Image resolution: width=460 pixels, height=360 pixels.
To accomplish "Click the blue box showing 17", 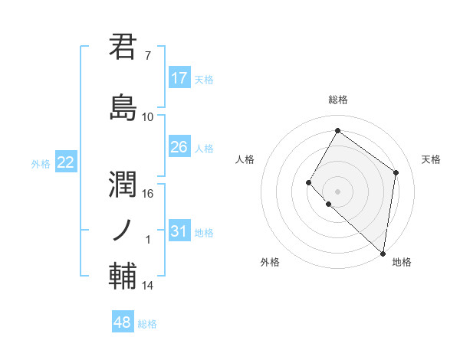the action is coord(179,78).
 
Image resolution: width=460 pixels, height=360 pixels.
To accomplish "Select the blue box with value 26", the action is coord(179,147).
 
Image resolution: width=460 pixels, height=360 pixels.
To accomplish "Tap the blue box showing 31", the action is coord(179,231).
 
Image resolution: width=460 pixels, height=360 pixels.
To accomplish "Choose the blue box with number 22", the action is coord(66,162).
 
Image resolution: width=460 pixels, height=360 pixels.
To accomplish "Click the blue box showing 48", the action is coord(123,322).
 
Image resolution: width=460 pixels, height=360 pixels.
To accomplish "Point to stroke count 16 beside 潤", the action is coord(148,193).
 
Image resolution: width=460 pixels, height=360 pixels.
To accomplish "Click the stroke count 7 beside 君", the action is coord(147,56).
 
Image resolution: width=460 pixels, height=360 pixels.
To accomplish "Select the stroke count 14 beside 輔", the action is coord(148,286).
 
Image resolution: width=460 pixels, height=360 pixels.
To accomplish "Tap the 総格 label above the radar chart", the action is coord(337,100).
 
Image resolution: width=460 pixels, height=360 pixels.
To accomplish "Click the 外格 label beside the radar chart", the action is coord(270,262).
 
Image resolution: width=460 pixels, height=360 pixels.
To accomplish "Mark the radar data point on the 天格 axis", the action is coord(396,172).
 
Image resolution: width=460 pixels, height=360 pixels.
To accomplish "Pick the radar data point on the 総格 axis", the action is coord(337,131).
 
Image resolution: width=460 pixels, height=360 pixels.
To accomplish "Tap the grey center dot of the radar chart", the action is coord(337,191).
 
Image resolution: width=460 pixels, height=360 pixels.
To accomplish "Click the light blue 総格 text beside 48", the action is coord(147,324).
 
